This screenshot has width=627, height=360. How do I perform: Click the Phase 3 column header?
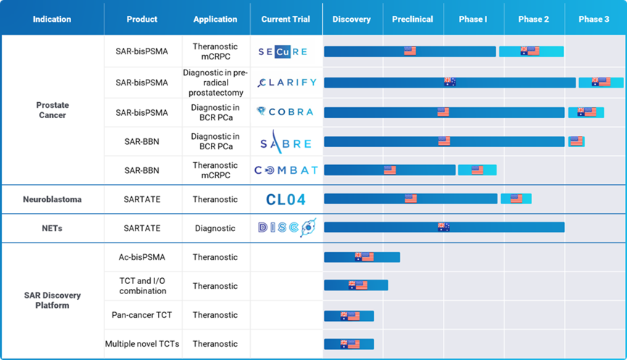coord(594,20)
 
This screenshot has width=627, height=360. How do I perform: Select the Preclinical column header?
coord(412,20)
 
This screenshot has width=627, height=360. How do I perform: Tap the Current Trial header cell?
coord(286,20)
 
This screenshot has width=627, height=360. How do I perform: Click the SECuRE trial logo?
coord(283,51)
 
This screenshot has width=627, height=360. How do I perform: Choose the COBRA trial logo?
coord(286,112)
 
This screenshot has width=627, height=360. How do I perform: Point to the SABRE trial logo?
coord(286,141)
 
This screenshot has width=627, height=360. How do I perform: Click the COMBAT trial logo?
coord(286,170)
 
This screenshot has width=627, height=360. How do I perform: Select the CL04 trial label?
coord(286,199)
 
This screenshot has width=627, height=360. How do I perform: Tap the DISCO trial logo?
coord(286,228)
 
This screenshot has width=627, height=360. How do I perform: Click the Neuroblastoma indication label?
coord(52,199)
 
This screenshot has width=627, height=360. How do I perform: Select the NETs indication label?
coord(52,228)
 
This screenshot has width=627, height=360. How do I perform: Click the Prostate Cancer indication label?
coord(52,110)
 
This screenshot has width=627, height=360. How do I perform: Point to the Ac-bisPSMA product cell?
coord(141,257)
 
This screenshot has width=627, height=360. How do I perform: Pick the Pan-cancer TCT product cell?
coord(141,315)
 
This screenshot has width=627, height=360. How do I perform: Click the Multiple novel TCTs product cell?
coord(141,344)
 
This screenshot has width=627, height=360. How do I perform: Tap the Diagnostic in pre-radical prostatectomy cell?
coord(215,83)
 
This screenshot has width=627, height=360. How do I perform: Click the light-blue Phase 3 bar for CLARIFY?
coord(601,83)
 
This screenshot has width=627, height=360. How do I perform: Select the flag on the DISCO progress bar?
coord(444,227)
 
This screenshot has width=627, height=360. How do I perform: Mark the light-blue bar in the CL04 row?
coord(515,198)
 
